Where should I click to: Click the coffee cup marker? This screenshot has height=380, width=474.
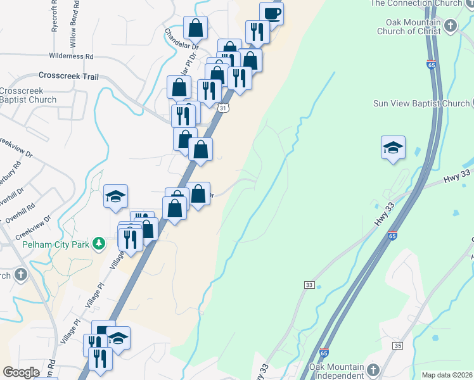click(271, 13)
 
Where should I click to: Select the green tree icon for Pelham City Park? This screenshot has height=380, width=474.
click(98, 243)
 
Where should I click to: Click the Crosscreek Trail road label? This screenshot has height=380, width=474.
click(68, 76)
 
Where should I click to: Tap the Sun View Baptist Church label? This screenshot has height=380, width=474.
click(421, 103)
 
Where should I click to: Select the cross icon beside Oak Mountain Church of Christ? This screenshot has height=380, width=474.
click(450, 26)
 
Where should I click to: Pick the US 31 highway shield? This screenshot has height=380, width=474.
click(223, 109)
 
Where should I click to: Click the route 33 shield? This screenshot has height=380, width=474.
click(309, 286)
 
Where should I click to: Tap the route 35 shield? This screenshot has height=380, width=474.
click(397, 345)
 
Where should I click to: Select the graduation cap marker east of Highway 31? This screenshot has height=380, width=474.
click(393, 148)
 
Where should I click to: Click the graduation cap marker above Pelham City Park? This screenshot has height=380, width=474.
click(116, 196)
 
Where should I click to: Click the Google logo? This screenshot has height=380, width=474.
click(22, 372)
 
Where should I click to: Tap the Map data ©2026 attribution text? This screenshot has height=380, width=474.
click(447, 375)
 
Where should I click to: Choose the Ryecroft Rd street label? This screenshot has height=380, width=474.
click(55, 20)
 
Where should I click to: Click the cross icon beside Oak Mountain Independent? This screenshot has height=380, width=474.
click(373, 370)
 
